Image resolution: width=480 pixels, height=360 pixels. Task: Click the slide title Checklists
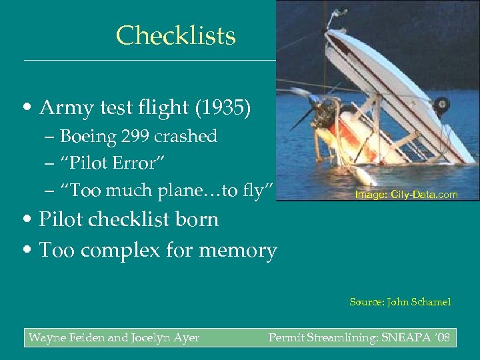175,35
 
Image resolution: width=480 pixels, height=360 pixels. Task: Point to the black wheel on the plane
441,105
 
